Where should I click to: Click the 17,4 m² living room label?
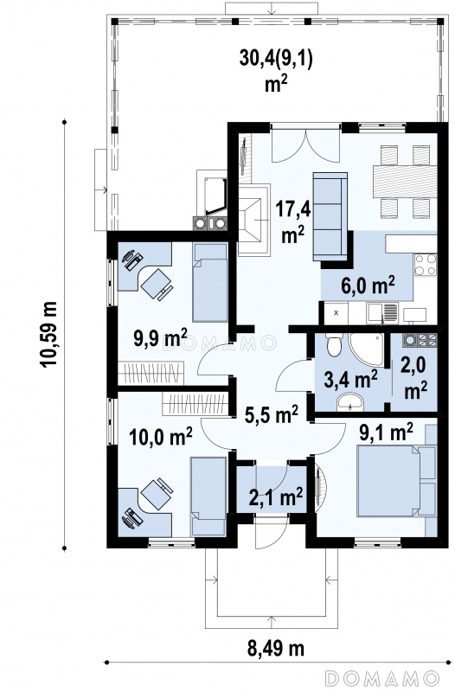click(x=293, y=221)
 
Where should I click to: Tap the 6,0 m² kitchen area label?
click(x=368, y=285)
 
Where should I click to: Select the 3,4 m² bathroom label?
click(x=350, y=379)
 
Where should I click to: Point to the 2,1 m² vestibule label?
click(x=276, y=497)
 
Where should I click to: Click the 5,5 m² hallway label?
click(x=271, y=414)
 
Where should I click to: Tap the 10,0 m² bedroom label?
click(x=161, y=437)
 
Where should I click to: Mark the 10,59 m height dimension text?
click(x=48, y=334)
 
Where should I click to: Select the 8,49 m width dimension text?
click(x=275, y=649)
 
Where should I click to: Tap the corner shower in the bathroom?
click(x=366, y=349)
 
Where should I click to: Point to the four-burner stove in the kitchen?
click(x=426, y=265)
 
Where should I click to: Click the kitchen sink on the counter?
click(x=382, y=312)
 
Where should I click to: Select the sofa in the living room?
click(x=330, y=215)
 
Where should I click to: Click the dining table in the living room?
click(x=405, y=182)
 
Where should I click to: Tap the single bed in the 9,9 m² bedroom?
click(x=210, y=283)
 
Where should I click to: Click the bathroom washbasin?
click(x=350, y=402)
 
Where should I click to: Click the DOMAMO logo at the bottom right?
click(x=381, y=676)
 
